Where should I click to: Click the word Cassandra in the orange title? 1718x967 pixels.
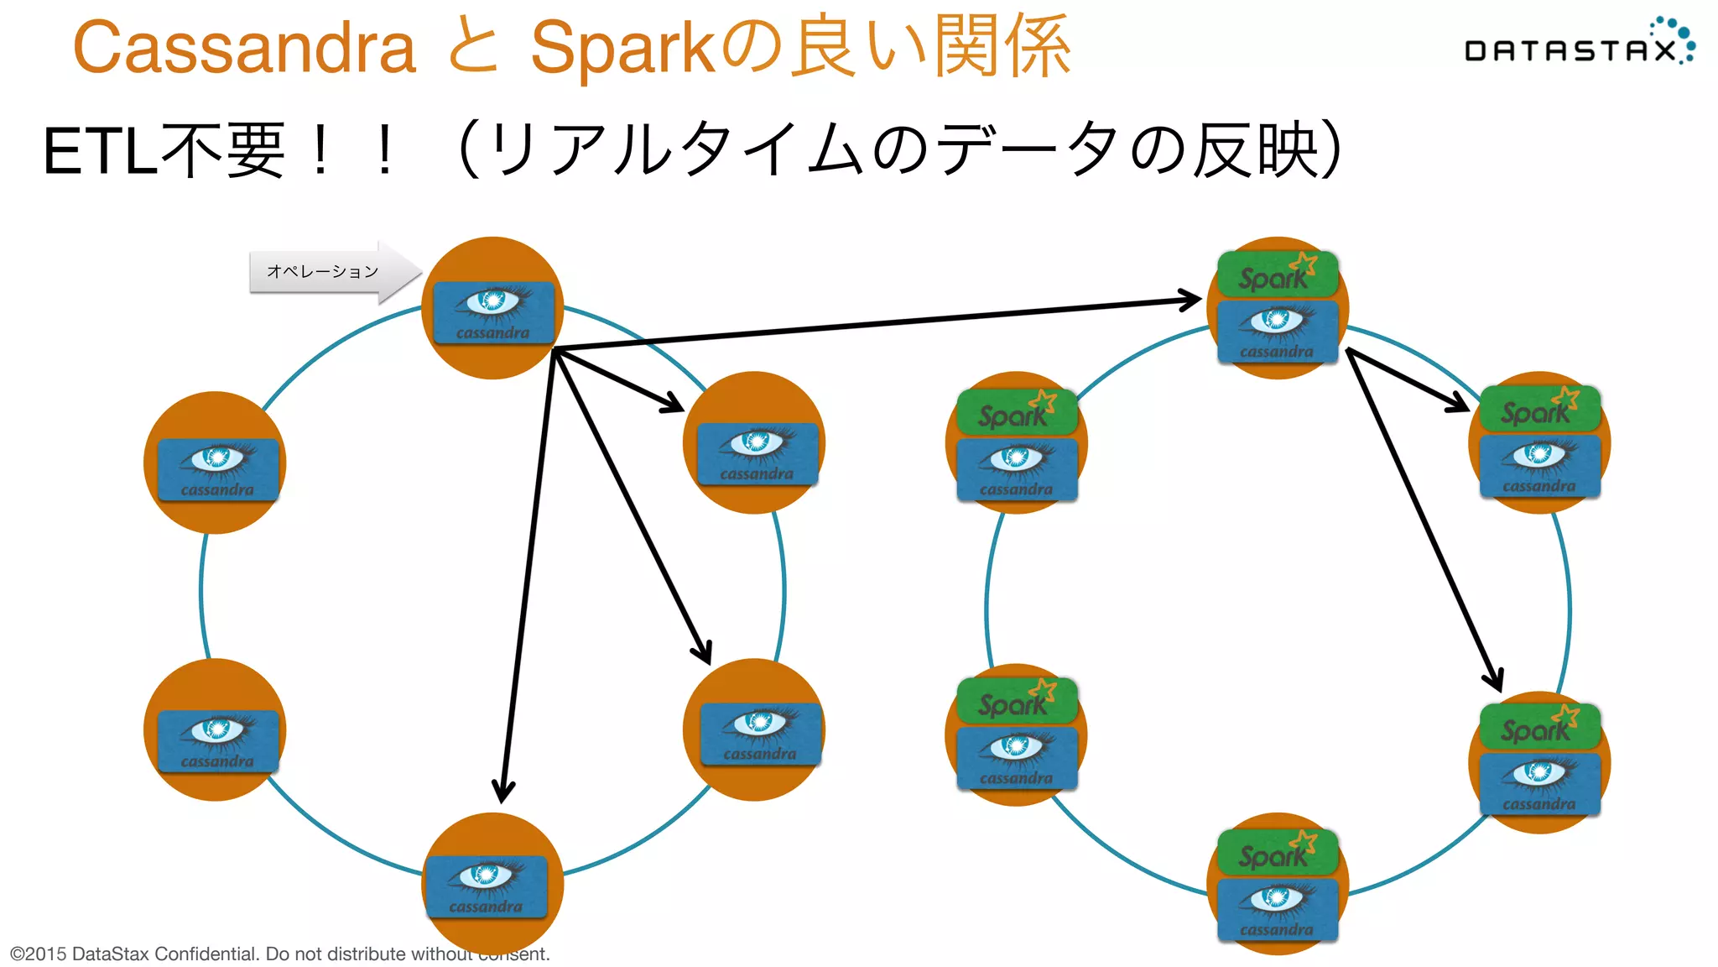tap(245, 48)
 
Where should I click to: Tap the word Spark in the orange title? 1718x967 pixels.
tap(622, 48)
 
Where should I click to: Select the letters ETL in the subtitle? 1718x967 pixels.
tap(99, 153)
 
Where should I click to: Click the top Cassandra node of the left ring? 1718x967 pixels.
tap(493, 309)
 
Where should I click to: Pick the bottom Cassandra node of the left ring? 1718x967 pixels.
tap(492, 883)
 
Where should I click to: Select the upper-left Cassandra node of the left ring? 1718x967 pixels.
tap(216, 463)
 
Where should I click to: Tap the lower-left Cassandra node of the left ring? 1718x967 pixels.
tap(216, 730)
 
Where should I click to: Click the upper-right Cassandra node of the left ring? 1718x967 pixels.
tap(754, 443)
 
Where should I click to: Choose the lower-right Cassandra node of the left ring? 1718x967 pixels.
tap(754, 730)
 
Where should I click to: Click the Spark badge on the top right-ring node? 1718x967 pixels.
tap(1277, 274)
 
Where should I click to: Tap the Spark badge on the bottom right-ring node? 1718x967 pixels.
tap(1277, 851)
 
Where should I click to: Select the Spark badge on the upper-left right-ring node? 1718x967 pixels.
tap(1016, 411)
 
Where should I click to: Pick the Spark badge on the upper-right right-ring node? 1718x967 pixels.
tap(1538, 408)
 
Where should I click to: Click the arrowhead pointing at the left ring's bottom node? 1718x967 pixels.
tap(503, 791)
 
